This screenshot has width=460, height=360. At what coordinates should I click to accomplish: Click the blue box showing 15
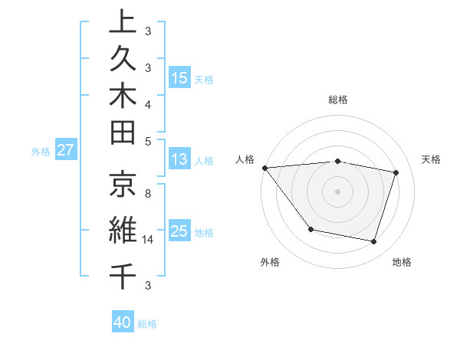pos(179,78)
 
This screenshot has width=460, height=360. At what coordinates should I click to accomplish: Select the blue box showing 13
pos(179,160)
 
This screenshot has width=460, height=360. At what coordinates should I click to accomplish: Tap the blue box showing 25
pos(179,231)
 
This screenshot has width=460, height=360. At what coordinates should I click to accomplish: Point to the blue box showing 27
pos(66,150)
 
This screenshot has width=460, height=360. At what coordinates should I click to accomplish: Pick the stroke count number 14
pos(149,240)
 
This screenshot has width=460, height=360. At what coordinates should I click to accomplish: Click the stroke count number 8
pos(147,195)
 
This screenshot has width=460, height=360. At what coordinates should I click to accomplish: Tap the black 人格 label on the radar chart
pos(245,159)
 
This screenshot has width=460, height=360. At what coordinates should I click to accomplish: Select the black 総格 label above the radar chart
pos(338,100)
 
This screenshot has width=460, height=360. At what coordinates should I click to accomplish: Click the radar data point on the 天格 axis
pos(396,172)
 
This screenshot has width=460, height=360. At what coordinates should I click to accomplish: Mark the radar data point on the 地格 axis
pos(374,242)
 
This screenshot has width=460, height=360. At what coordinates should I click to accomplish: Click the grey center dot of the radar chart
pos(338,191)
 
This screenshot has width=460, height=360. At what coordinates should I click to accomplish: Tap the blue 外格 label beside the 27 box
pos(41,152)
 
